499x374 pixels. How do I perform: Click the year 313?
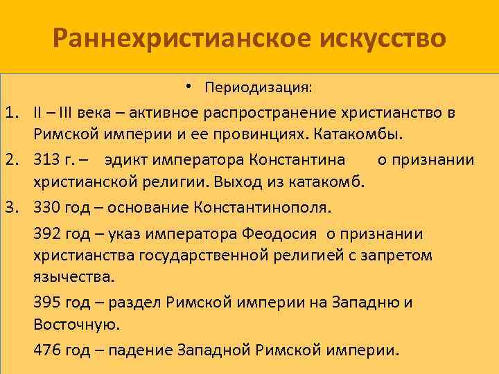46,161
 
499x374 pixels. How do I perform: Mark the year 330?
46,208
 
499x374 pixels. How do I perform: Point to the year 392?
46,235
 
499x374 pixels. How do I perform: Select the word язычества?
73,277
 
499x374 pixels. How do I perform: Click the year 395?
46,303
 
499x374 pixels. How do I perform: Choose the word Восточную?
76,323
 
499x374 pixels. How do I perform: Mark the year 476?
46,349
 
